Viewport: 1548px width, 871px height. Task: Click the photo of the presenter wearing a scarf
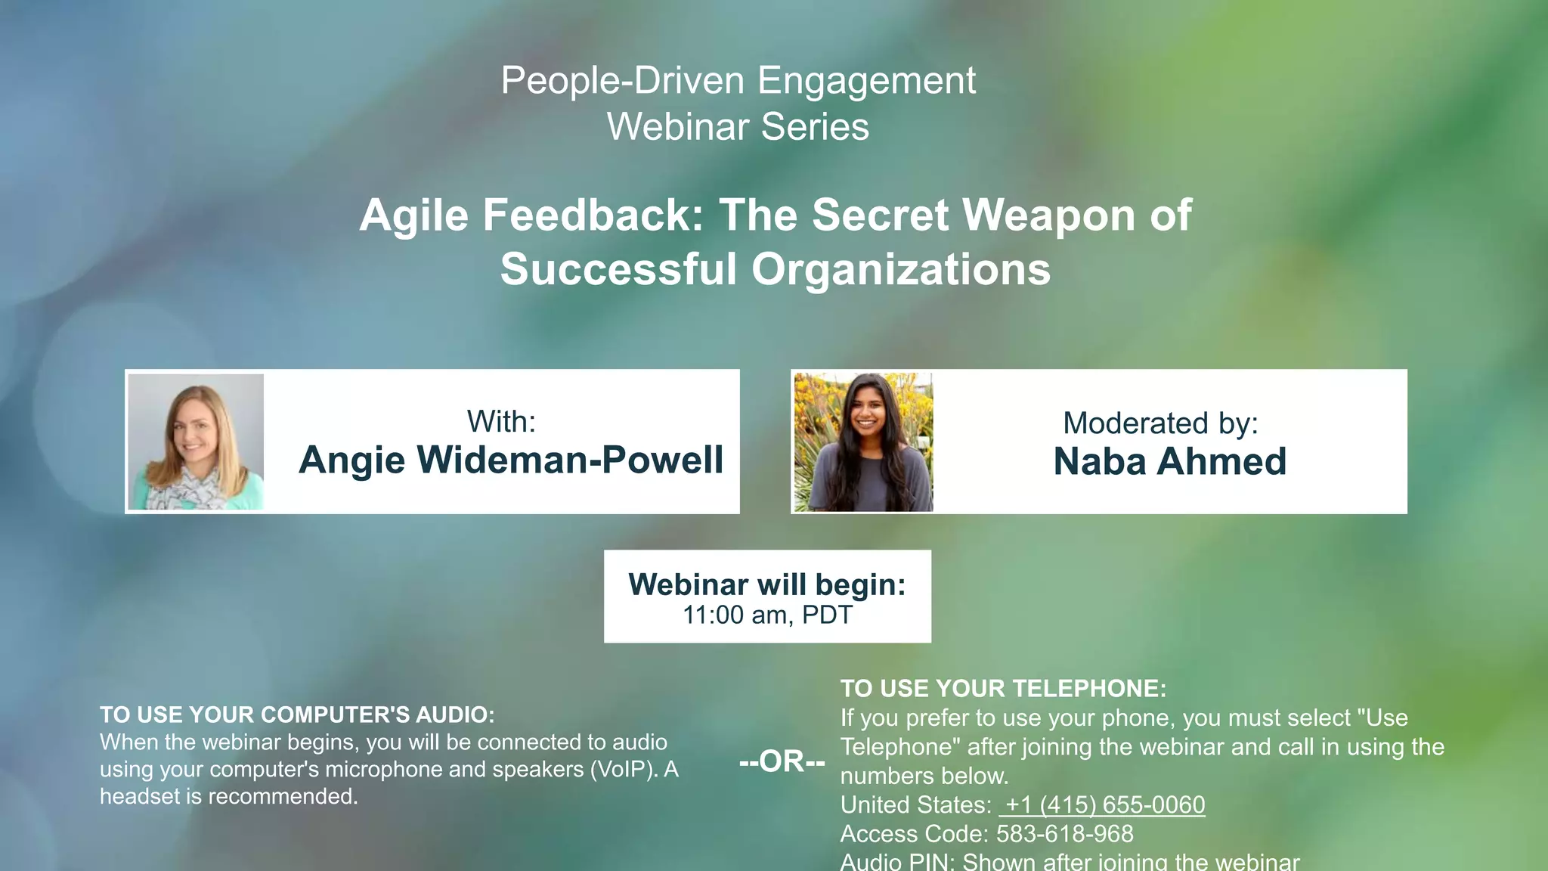click(x=196, y=442)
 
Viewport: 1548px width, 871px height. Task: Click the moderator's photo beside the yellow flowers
click(x=862, y=442)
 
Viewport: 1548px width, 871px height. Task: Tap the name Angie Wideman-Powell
click(x=511, y=460)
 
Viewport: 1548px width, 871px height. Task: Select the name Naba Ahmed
click(x=1169, y=462)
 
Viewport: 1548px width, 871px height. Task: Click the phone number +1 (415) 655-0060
click(x=1102, y=805)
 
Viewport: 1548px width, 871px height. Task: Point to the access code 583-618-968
click(x=1064, y=834)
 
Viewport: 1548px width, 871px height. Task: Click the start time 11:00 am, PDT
click(x=767, y=615)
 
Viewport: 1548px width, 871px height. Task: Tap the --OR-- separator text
click(x=782, y=761)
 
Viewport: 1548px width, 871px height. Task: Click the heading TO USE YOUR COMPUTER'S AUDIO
click(x=297, y=714)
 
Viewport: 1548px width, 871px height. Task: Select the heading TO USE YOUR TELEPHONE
click(x=1003, y=689)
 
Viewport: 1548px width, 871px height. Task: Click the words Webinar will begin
click(x=766, y=584)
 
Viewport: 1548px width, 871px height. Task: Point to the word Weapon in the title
click(x=1050, y=215)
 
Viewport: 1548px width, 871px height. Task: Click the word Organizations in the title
click(x=900, y=270)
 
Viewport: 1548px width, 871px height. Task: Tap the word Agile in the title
click(x=413, y=215)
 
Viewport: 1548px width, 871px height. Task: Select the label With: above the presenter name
click(x=501, y=422)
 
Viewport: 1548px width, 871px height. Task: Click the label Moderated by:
click(x=1160, y=423)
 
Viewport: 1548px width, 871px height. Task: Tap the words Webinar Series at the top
click(x=738, y=127)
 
